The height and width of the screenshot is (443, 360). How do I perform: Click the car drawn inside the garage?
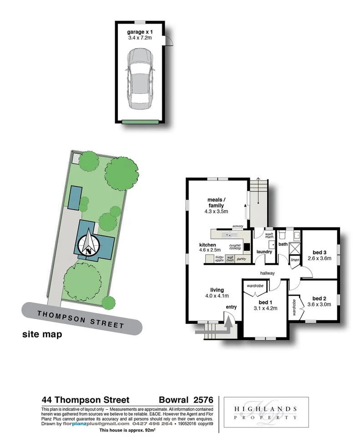pos(141,77)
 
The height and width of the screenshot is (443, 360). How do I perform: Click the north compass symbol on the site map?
pos(88,244)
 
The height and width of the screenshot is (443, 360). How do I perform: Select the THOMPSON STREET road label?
pos(81,319)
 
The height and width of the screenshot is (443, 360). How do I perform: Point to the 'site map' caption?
pos(42,335)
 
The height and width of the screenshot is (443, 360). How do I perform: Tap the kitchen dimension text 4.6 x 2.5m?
pos(210,250)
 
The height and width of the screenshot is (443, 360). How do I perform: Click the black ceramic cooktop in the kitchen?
pos(246,247)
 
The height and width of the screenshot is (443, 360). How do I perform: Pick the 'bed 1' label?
pos(264,302)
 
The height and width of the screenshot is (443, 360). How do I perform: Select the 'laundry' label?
pos(264,252)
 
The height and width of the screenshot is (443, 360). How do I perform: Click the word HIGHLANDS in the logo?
pos(266,408)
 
